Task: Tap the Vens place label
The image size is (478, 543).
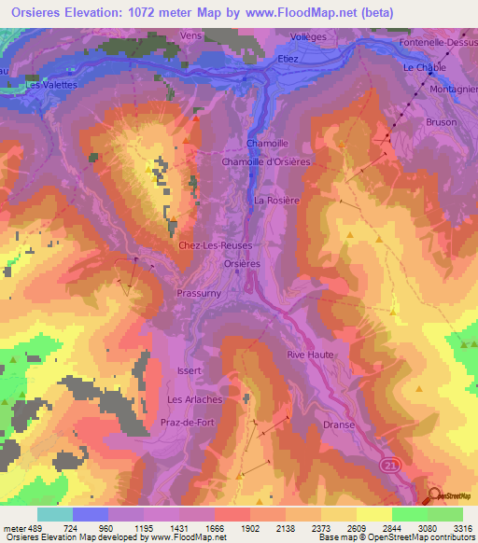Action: coord(191,35)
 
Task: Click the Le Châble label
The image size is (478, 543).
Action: coord(422,68)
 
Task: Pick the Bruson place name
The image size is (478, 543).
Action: coord(442,122)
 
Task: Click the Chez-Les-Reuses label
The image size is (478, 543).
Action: coord(216,244)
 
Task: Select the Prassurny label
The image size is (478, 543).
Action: coord(197,292)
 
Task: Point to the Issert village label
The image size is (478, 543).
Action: coord(190,370)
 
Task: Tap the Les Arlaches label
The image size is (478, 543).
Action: coord(194,399)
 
